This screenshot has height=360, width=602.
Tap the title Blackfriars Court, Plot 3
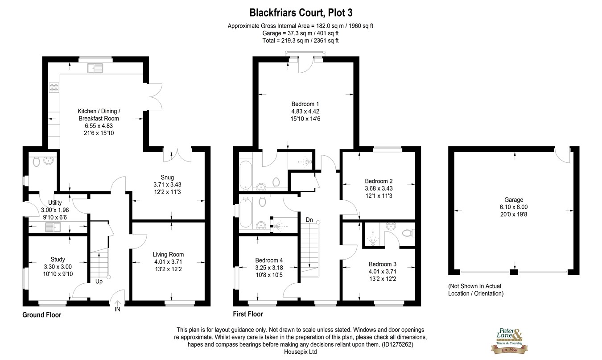tap(301, 12)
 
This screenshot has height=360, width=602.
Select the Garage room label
tap(514, 200)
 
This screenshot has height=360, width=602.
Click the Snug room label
tap(167, 178)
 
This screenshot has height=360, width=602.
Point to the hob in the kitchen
tap(54, 87)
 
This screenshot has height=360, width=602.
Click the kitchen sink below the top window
tap(95, 68)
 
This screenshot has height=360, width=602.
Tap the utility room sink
tap(53, 227)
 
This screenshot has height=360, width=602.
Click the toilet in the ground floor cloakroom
tap(36, 161)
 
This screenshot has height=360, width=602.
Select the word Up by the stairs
tap(99, 281)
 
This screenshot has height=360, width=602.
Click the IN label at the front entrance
tap(117, 309)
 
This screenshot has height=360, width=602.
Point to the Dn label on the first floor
tap(309, 220)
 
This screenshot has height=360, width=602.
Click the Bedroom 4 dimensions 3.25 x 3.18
tap(269, 268)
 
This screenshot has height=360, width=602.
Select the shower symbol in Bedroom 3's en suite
tap(372, 239)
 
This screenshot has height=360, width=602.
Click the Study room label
tap(58, 260)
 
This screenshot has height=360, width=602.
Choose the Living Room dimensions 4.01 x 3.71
tap(168, 262)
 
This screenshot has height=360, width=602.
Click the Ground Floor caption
tap(41, 315)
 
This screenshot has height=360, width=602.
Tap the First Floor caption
tap(248, 314)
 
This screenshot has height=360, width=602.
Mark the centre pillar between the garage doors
tap(514, 272)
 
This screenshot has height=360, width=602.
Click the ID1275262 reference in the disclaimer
tap(397, 344)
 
